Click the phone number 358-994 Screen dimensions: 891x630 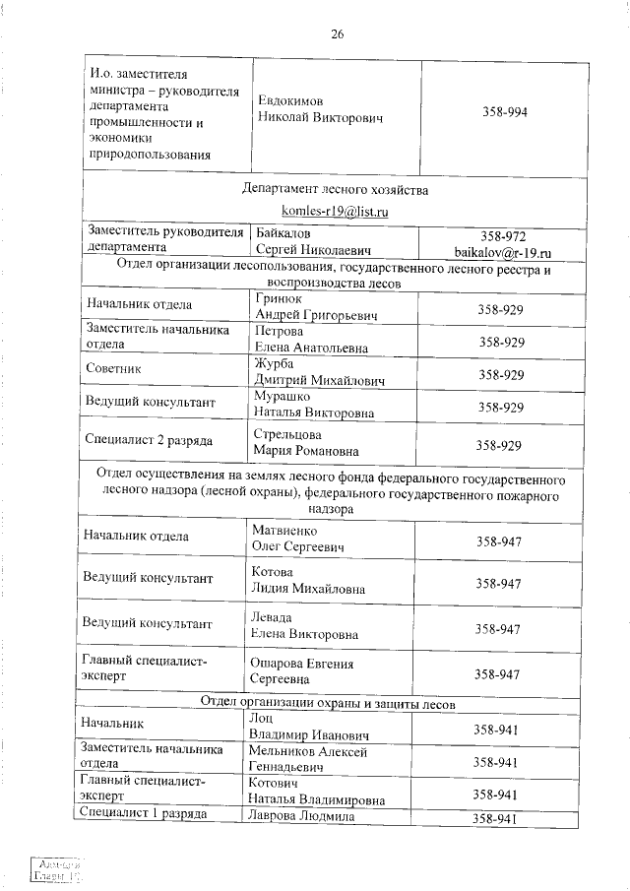coord(505,112)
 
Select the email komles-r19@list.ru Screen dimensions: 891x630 coord(334,211)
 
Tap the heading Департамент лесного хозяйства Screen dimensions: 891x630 coord(334,188)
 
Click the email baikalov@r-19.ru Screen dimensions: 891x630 coord(502,252)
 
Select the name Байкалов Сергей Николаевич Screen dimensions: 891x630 coord(305,242)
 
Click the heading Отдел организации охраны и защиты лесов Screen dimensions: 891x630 coord(327,703)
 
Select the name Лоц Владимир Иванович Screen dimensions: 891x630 coord(309,728)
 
